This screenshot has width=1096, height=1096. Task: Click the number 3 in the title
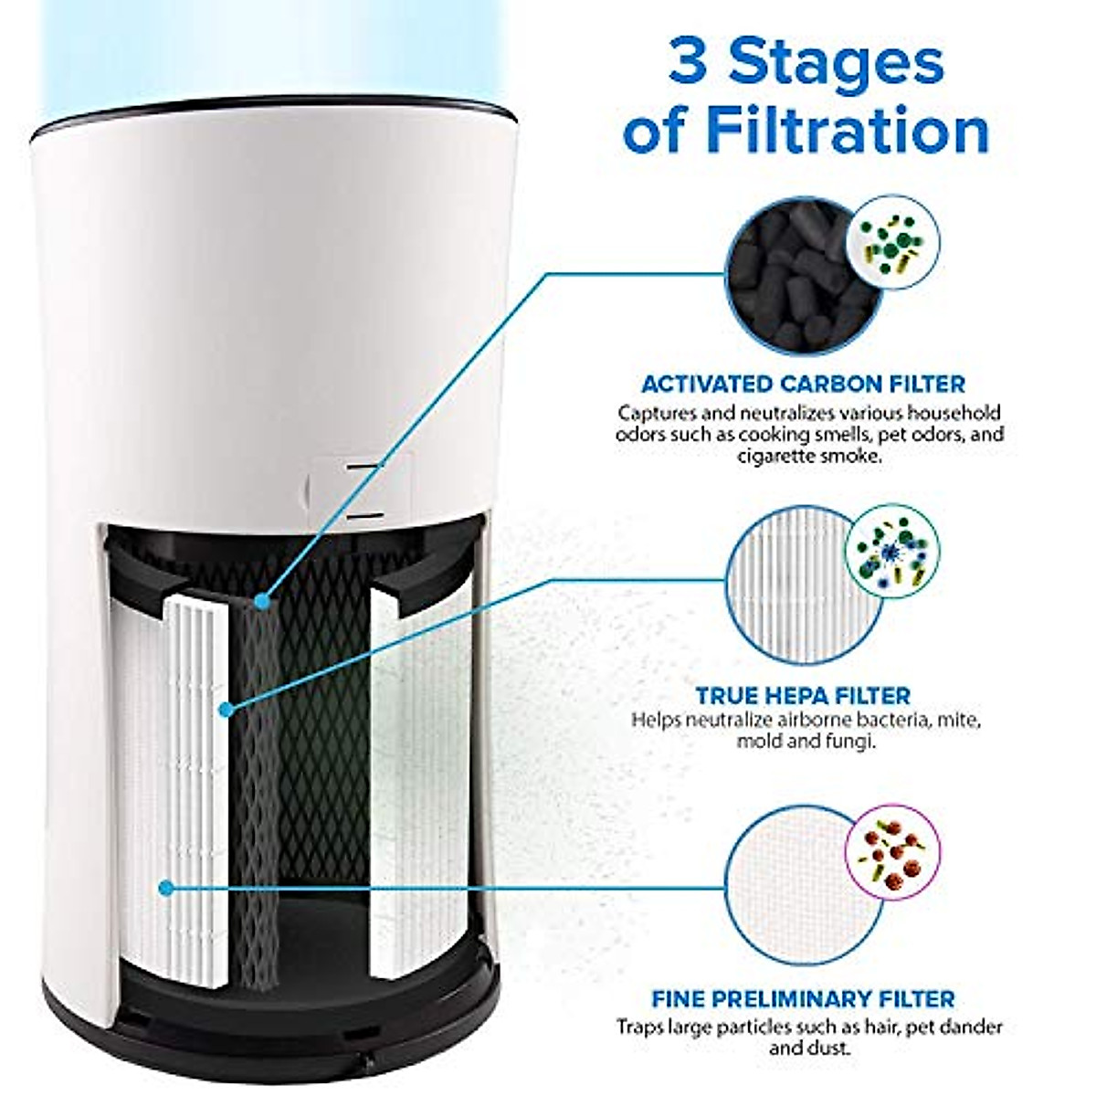pyautogui.click(x=693, y=62)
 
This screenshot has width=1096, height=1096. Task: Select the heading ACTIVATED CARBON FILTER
pyautogui.click(x=803, y=385)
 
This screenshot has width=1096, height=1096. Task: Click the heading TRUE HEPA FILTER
pyautogui.click(x=803, y=696)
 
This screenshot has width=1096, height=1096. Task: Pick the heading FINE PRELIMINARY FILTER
pyautogui.click(x=803, y=999)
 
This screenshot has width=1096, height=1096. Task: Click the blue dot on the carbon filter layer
pyautogui.click(x=263, y=602)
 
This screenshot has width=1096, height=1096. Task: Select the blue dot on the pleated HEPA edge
pyautogui.click(x=227, y=709)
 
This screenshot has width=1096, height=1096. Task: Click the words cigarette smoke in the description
pyautogui.click(x=809, y=456)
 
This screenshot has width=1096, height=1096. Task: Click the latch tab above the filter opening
pyautogui.click(x=362, y=489)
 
